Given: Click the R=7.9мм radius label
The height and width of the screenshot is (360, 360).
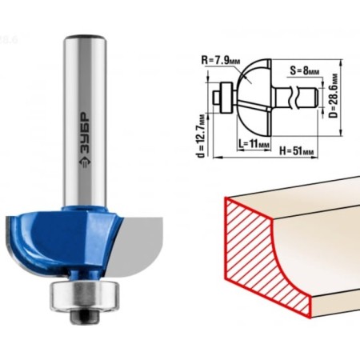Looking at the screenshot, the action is [x=221, y=61].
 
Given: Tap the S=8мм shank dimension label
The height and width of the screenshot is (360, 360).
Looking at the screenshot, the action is [x=305, y=71].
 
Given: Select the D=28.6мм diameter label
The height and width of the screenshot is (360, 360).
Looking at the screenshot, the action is [x=334, y=96].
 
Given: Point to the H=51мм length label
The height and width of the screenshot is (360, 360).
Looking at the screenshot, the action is [x=297, y=151].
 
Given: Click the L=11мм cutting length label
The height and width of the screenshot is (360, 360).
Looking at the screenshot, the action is [x=254, y=144].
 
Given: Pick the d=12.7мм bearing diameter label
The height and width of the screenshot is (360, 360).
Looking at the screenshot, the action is [x=202, y=136].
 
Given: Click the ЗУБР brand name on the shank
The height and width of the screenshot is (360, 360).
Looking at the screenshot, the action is [x=86, y=134].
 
